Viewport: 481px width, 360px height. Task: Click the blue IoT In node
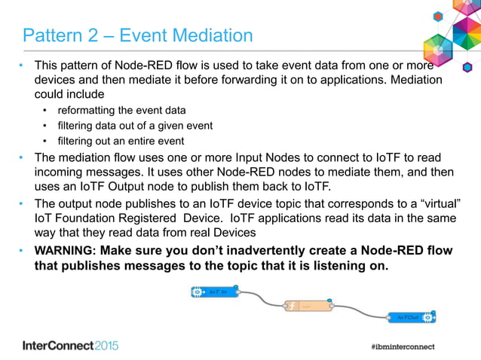click(x=215, y=291)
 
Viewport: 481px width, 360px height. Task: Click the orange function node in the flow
click(x=308, y=306)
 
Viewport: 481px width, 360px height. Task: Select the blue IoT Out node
click(x=412, y=318)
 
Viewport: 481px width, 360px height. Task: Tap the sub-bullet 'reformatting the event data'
click(x=121, y=110)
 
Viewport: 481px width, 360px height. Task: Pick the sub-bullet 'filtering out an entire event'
click(x=121, y=141)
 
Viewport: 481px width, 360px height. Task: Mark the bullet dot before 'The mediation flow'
click(x=22, y=157)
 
